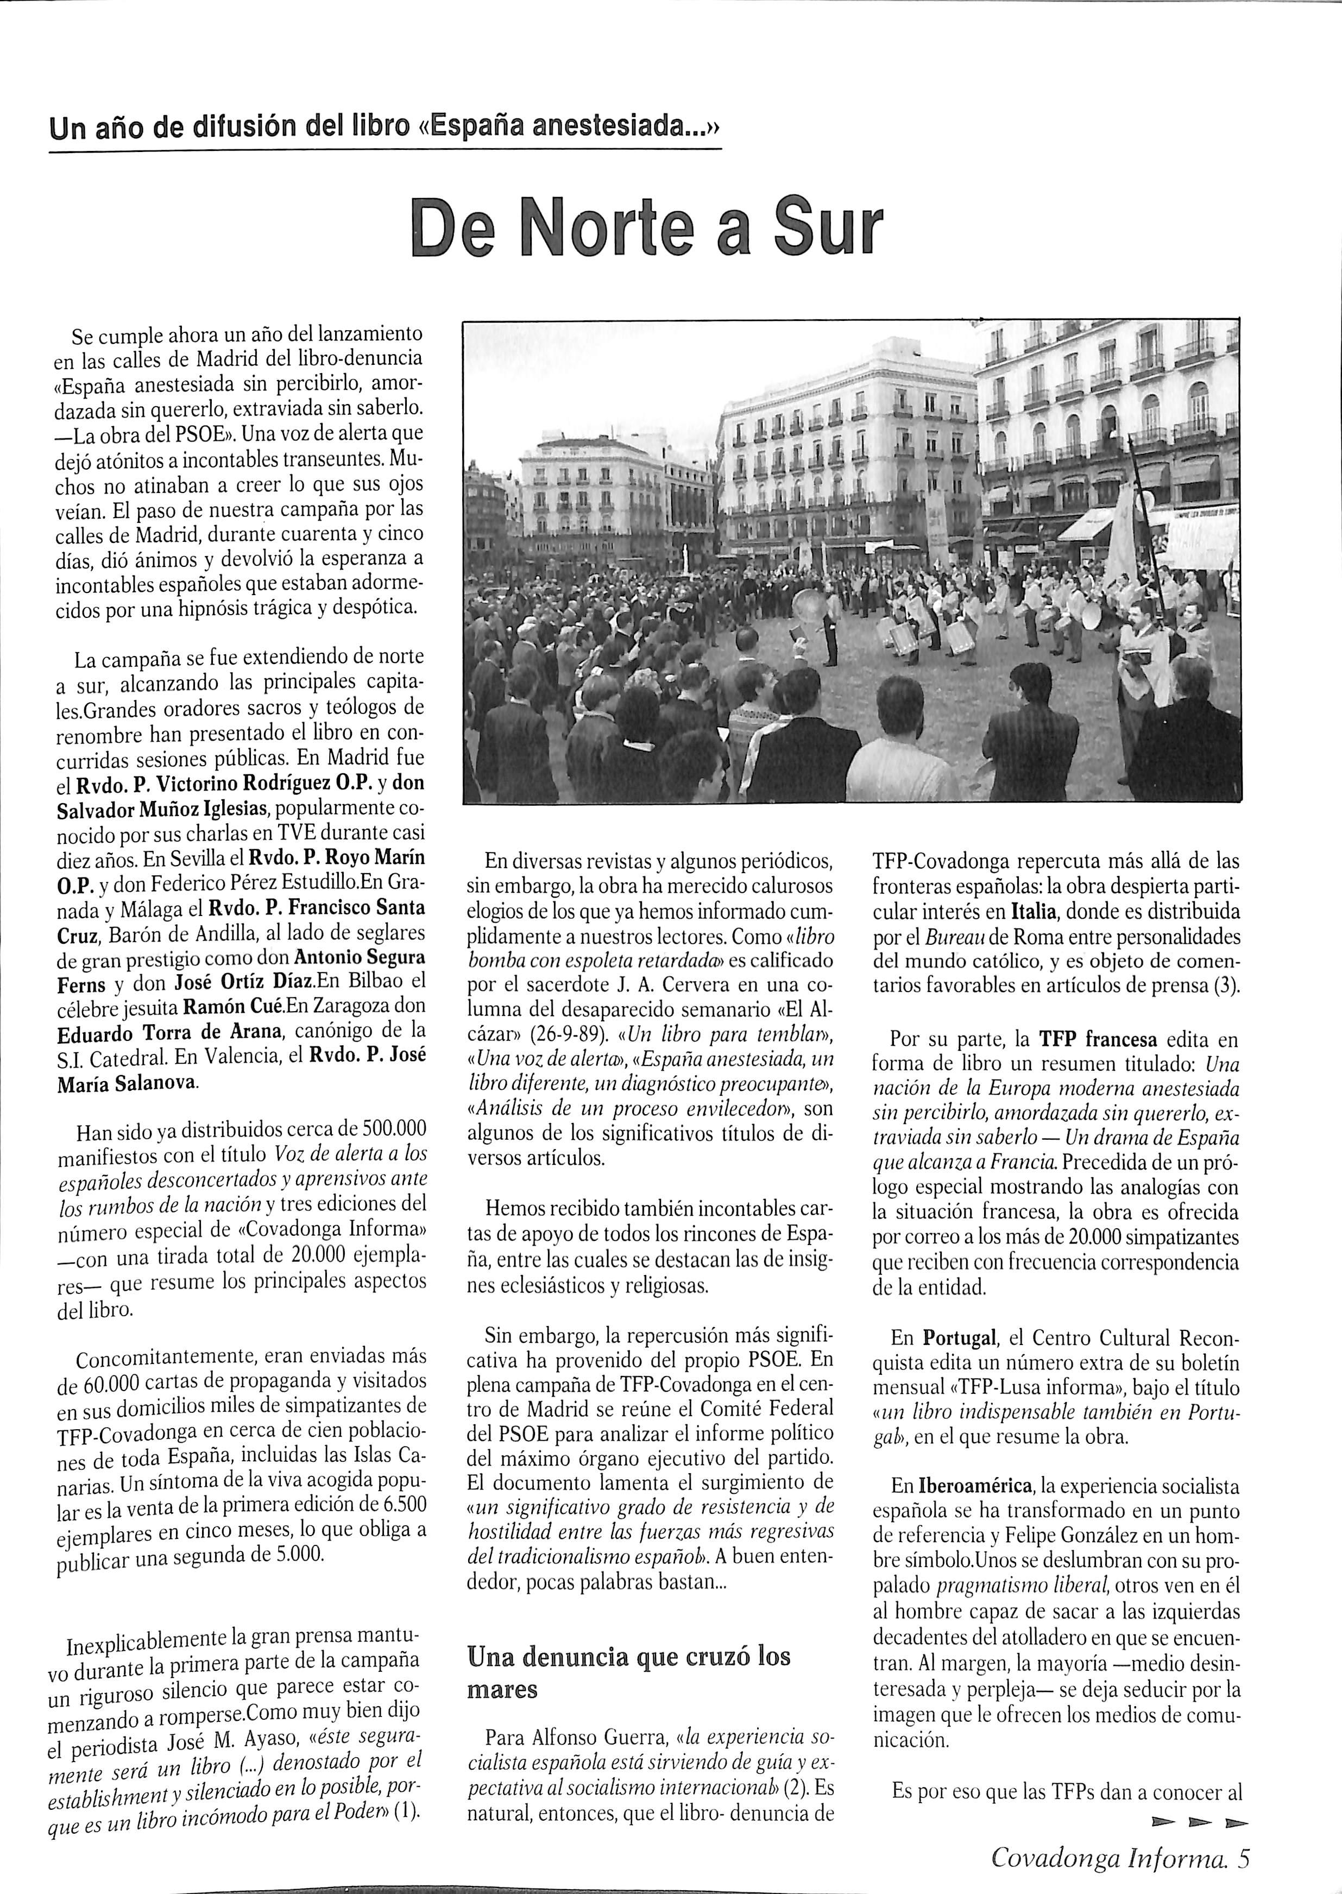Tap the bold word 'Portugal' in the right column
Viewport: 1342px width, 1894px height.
tap(961, 1337)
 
